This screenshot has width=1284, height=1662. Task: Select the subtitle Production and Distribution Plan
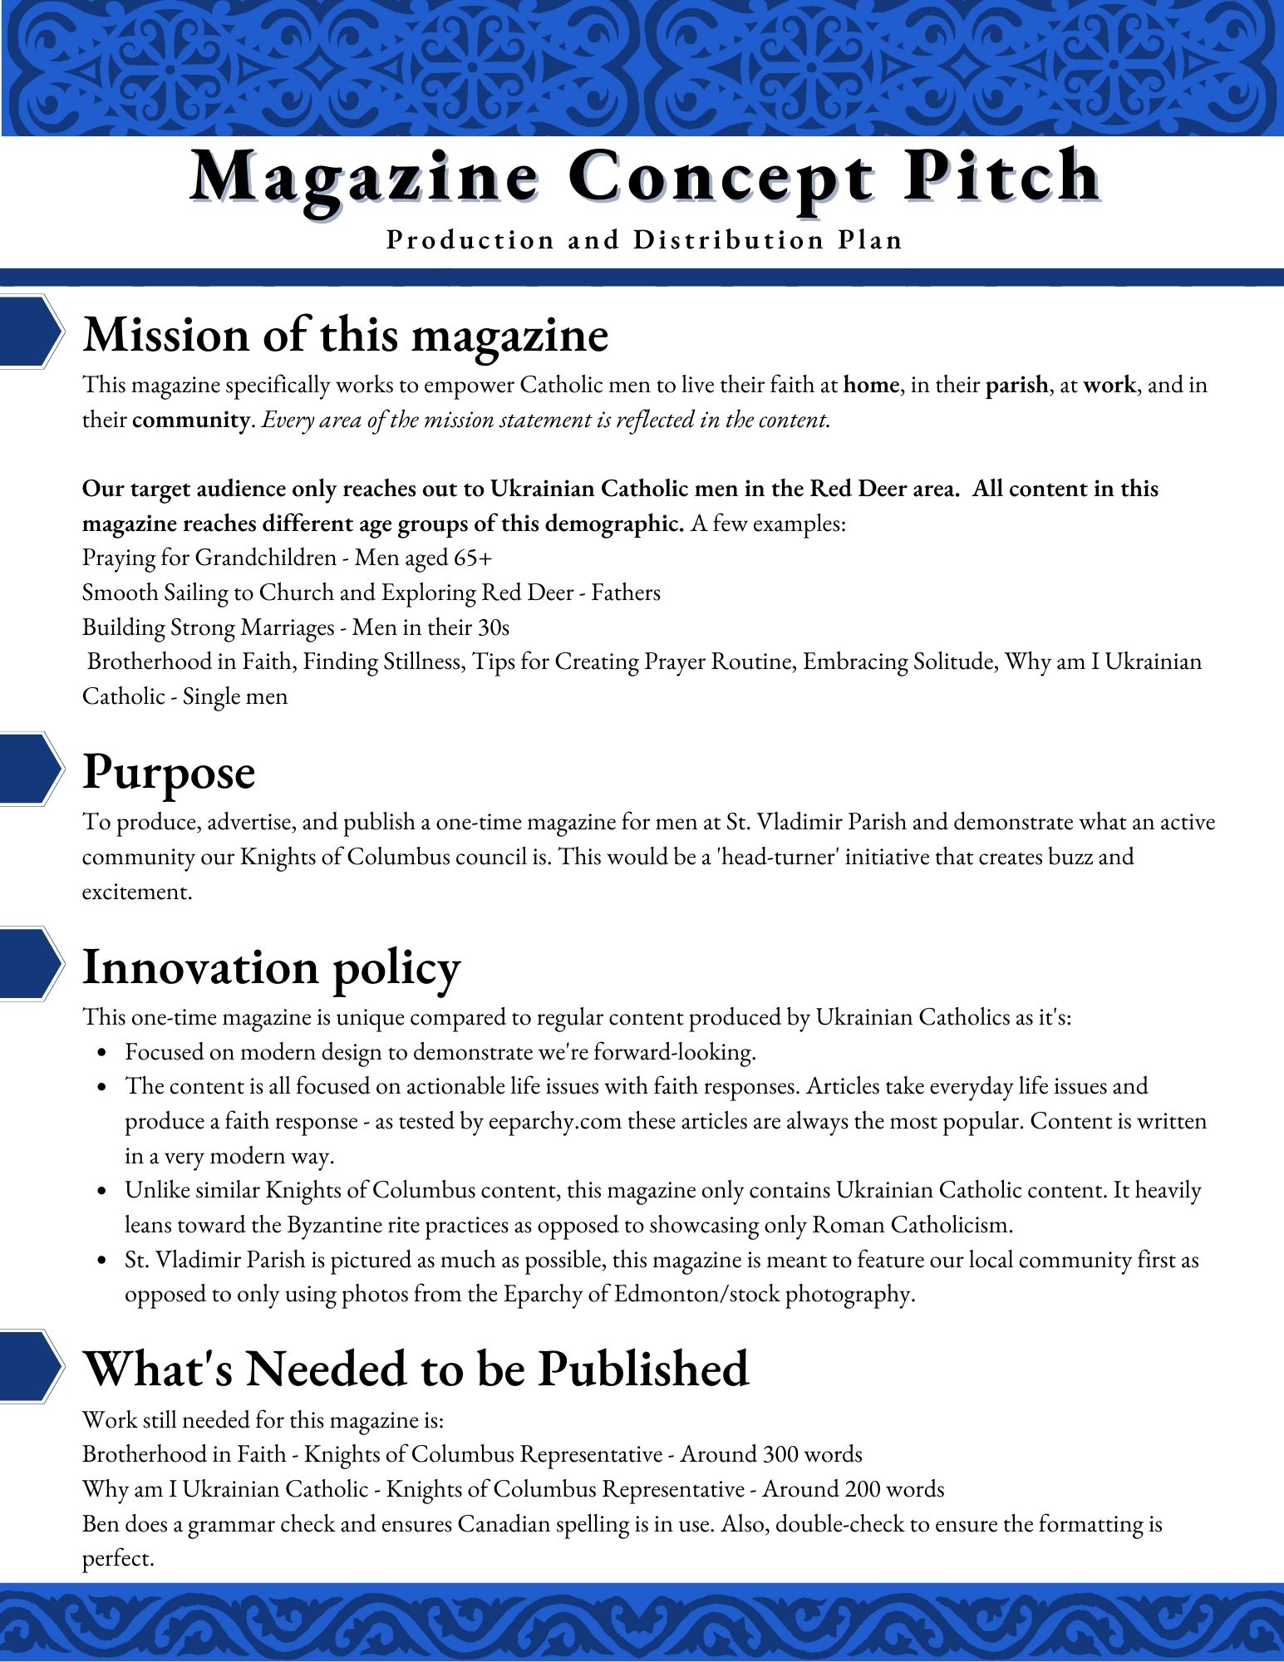(x=644, y=240)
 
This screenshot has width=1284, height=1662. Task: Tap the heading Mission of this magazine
(x=346, y=335)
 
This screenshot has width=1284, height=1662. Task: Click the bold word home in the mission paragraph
(x=871, y=385)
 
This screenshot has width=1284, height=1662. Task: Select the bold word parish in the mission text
(x=1016, y=385)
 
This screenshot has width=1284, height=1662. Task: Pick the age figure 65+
(x=473, y=558)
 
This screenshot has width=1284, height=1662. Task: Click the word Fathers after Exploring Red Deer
(x=626, y=593)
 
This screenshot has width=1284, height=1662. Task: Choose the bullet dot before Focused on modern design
(x=102, y=1053)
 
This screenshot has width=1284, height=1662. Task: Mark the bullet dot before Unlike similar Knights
(x=102, y=1192)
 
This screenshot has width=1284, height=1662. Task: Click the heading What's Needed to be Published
(x=416, y=1369)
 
